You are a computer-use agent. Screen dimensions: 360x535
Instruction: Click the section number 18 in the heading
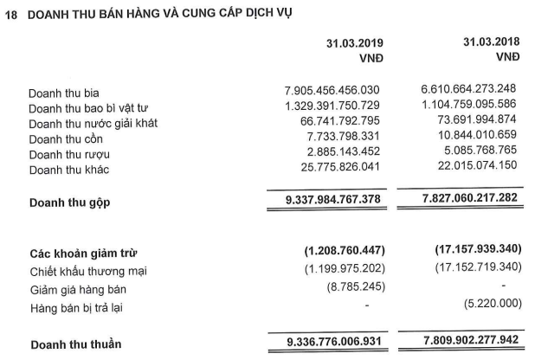[10, 13]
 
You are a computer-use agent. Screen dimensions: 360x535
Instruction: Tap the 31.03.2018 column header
[491, 42]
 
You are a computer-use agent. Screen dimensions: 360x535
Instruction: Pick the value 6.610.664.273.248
[467, 91]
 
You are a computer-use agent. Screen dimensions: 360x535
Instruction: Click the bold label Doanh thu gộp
[72, 202]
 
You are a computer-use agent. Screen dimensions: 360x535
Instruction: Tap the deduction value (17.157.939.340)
[467, 250]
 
